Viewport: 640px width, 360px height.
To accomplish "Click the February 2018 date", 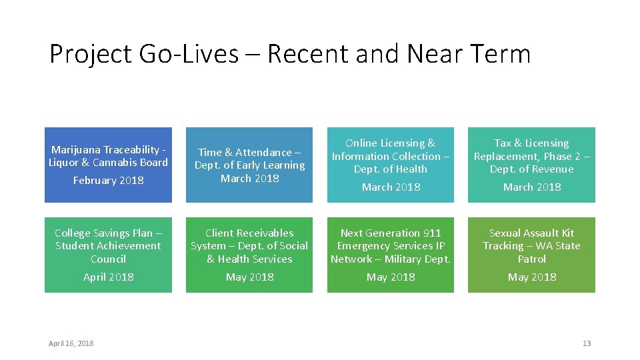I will (x=108, y=180).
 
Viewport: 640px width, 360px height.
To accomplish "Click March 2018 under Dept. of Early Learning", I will (x=249, y=178).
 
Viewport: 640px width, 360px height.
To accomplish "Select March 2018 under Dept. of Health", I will (x=391, y=187).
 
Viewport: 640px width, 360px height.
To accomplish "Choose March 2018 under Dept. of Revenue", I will (x=532, y=187).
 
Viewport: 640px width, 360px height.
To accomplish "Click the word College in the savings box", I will (x=74, y=233).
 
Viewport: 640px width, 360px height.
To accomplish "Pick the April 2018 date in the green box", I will (x=108, y=277).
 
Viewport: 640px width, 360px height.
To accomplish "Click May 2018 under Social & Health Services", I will (x=249, y=277).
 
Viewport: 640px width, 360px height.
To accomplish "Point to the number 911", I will (x=431, y=233).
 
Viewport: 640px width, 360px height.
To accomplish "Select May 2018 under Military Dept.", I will (x=391, y=277).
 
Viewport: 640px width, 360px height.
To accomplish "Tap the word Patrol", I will (x=532, y=259).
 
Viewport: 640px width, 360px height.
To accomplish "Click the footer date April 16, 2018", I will (x=71, y=343).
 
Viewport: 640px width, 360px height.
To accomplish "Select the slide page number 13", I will (x=587, y=343).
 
